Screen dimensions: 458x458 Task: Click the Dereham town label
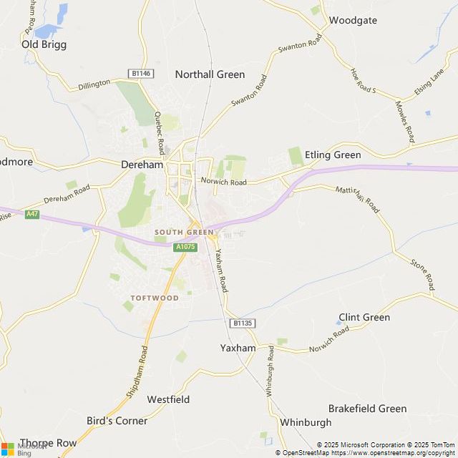[143, 164]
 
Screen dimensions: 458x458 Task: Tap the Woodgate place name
[353, 20]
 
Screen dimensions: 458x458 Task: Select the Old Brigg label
[44, 44]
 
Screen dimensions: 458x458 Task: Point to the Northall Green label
[210, 74]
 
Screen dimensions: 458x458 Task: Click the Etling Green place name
[333, 155]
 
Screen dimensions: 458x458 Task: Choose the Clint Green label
[364, 317]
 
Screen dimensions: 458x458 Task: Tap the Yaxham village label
[238, 348]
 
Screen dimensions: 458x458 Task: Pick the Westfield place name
[168, 399]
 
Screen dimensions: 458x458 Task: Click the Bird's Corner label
[117, 420]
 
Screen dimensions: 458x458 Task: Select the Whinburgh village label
[306, 422]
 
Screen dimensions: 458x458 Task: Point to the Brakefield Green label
[367, 409]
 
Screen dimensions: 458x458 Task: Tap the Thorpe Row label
[48, 443]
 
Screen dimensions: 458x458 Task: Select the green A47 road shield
[31, 214]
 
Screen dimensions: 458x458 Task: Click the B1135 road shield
[243, 323]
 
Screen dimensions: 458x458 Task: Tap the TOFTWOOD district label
[154, 297]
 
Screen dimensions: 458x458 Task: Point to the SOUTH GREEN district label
[183, 233]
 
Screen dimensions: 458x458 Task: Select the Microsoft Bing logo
[16, 449]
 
